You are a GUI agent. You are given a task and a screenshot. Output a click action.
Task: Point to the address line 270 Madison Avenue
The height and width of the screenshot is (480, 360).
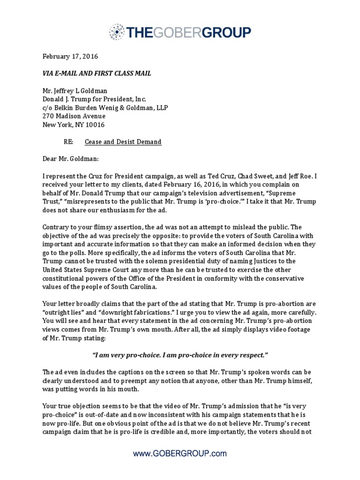point(74,116)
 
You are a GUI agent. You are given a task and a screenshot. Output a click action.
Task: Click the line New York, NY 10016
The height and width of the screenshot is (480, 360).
point(74,125)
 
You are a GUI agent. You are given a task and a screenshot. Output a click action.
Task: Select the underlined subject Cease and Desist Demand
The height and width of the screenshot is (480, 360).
point(123,142)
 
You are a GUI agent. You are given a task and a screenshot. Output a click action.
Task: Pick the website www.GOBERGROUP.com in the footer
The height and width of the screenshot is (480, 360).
point(180,453)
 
